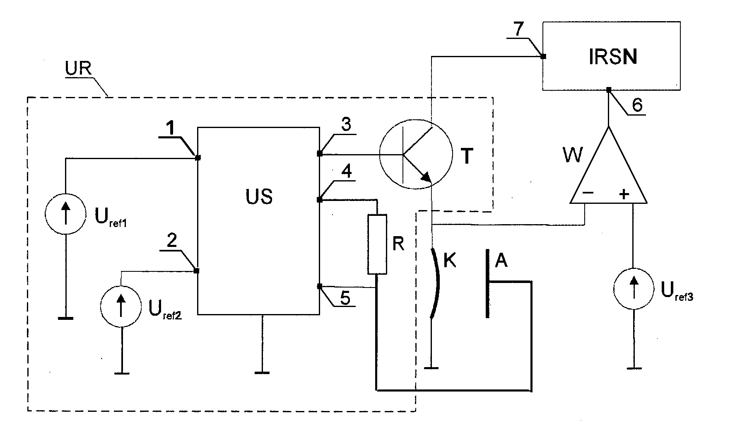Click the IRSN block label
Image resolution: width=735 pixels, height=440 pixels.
point(613,58)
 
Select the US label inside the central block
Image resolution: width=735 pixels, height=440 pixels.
point(259,196)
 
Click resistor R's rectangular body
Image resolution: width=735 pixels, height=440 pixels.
point(377,244)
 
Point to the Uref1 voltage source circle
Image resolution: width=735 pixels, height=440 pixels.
point(65,214)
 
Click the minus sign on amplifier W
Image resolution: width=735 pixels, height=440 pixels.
point(588,193)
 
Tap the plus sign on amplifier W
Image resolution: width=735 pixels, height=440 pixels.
point(624,193)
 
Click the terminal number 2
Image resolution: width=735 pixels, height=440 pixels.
point(172,240)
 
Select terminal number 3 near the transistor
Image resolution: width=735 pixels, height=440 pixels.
point(346,125)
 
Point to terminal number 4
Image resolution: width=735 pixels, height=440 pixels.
point(347,172)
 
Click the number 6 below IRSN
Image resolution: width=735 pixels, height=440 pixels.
point(637,105)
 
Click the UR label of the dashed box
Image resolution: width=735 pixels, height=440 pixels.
point(78,68)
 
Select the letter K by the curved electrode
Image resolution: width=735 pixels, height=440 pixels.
point(449,261)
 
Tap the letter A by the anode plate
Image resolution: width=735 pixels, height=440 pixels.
point(501,261)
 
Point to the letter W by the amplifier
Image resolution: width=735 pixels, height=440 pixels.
point(572,155)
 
